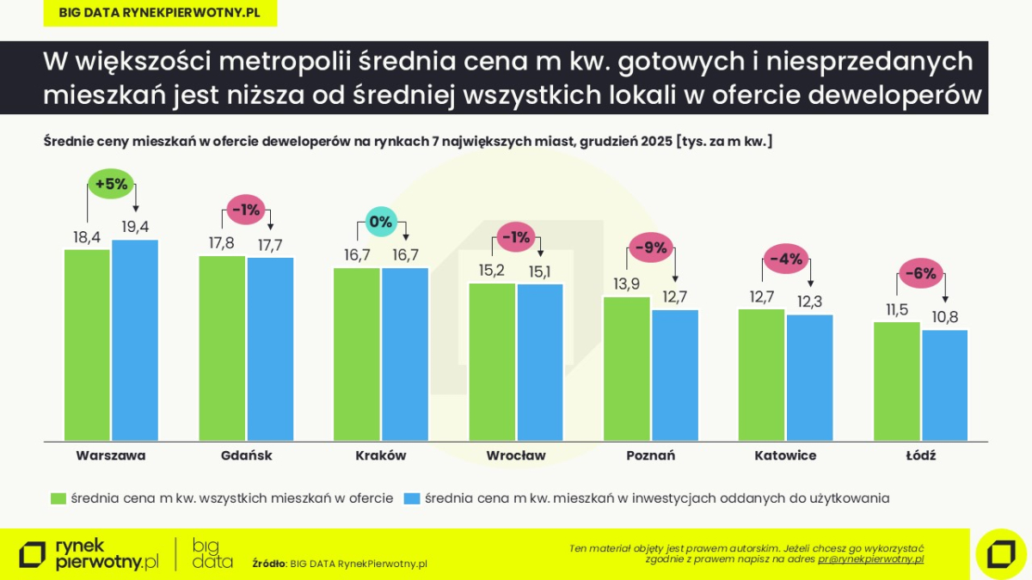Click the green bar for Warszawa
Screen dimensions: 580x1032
click(87, 345)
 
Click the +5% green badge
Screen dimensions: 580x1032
click(112, 183)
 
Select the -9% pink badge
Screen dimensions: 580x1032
click(651, 248)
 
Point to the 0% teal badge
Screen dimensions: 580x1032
click(380, 222)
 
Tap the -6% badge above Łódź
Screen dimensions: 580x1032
click(920, 274)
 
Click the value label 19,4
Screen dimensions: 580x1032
click(135, 227)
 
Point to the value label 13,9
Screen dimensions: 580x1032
click(626, 284)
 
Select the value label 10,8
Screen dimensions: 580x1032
click(945, 317)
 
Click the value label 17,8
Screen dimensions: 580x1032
click(222, 243)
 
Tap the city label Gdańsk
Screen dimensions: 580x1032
click(246, 455)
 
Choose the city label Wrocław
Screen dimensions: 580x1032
click(516, 455)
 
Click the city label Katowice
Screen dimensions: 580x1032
click(785, 455)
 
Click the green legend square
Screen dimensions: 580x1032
click(58, 498)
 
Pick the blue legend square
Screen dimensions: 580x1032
click(412, 498)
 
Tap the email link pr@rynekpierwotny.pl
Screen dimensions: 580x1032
click(870, 559)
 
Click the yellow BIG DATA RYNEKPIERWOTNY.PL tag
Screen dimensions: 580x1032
click(160, 13)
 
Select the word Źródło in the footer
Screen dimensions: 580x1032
click(268, 564)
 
